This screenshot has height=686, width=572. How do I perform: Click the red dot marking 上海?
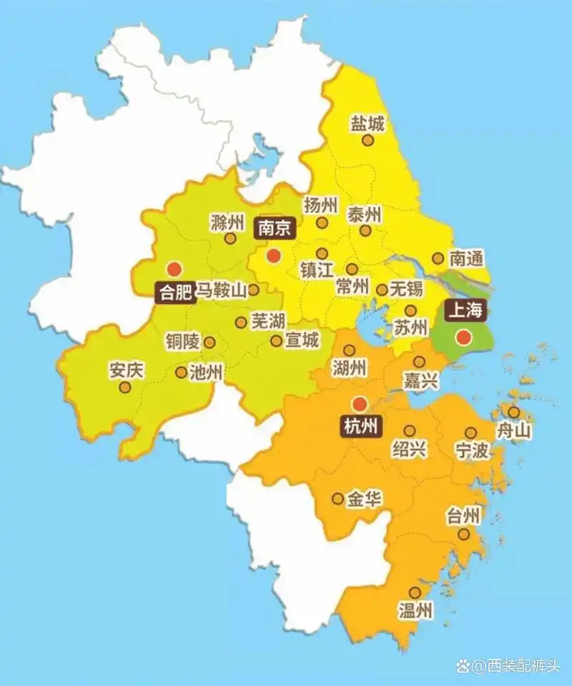[x=464, y=337]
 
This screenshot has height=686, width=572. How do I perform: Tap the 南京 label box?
[x=275, y=228]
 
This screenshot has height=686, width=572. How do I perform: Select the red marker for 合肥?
[x=173, y=270]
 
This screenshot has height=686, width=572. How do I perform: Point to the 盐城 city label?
[x=368, y=123]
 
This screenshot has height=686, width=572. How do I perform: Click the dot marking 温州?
[x=415, y=592]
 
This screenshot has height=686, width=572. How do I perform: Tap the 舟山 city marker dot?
[x=514, y=412]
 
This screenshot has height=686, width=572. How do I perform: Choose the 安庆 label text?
[x=126, y=371]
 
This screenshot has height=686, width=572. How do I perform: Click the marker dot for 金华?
[x=337, y=499]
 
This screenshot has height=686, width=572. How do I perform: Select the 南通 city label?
[x=466, y=258]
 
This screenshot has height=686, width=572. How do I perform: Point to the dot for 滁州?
[x=230, y=238]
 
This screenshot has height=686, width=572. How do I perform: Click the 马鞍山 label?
[x=221, y=290]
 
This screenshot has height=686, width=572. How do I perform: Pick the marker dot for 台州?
[x=463, y=534]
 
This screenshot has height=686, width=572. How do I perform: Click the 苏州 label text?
[x=410, y=328]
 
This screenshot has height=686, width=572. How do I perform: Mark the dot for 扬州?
[x=322, y=222]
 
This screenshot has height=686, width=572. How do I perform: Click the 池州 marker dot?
[x=181, y=372]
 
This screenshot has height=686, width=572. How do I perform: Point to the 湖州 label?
[x=350, y=368]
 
